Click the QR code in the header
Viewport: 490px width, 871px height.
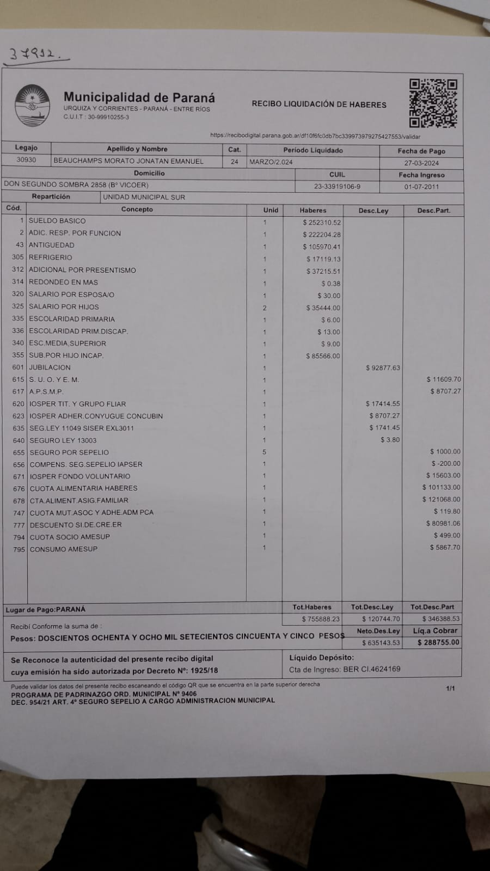433,103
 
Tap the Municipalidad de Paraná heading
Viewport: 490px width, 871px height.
139,97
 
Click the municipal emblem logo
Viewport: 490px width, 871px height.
32,105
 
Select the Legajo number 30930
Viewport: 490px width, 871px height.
26,161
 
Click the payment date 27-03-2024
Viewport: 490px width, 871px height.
421,163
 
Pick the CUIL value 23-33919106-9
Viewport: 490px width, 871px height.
337,186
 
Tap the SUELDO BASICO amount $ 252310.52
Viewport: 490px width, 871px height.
321,222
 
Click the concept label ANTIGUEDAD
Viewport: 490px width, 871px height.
51,245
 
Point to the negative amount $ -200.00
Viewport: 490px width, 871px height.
445,463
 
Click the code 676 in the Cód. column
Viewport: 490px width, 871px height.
19,488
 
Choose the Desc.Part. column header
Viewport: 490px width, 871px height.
433,210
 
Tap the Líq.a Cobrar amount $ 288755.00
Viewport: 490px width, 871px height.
438,642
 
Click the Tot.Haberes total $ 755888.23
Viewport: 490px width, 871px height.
320,619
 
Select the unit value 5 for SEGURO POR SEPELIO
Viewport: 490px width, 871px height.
265,452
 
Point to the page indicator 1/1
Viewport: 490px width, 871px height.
450,689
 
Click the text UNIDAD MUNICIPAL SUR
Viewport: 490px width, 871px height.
144,197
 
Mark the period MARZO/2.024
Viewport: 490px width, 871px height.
271,162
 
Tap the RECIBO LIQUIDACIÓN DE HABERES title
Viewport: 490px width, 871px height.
319,104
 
